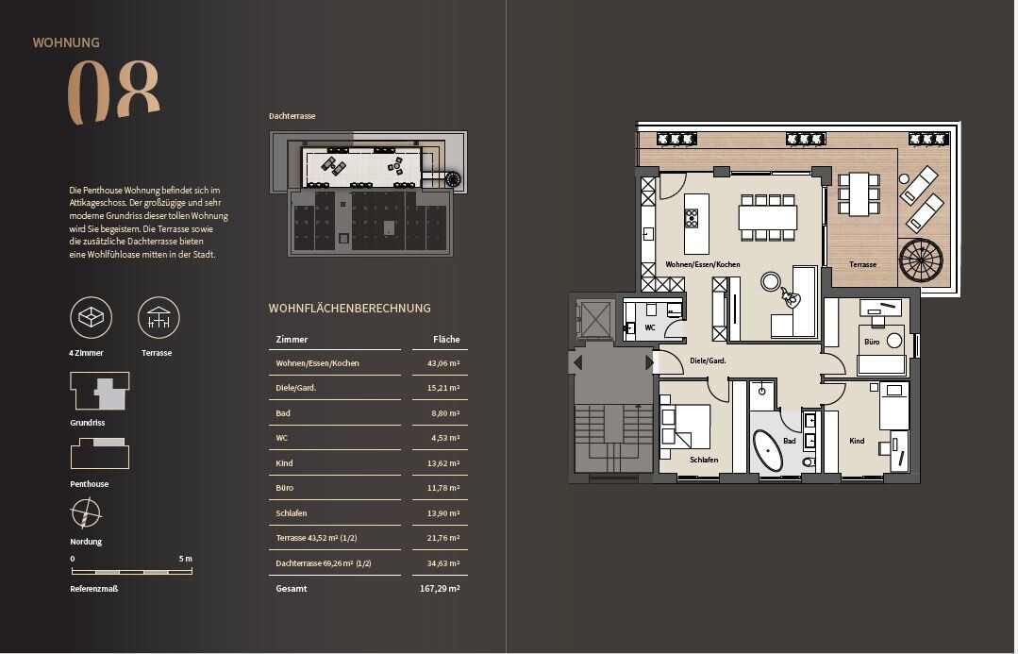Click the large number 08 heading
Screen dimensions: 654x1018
112,92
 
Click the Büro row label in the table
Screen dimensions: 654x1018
284,488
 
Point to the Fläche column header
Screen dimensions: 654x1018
445,339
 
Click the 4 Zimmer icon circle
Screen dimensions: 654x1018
91,318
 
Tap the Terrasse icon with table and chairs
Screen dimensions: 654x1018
159,318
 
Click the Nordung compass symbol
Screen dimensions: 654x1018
86,514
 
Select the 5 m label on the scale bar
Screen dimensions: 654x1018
185,559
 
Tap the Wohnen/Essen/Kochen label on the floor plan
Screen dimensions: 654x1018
702,265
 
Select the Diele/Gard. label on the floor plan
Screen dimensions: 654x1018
709,361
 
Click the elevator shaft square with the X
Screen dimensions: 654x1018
596,319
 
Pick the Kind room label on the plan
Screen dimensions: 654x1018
857,441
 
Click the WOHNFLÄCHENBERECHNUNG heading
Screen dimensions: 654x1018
349,309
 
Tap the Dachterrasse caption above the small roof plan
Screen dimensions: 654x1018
292,116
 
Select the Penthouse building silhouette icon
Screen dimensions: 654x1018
100,454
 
